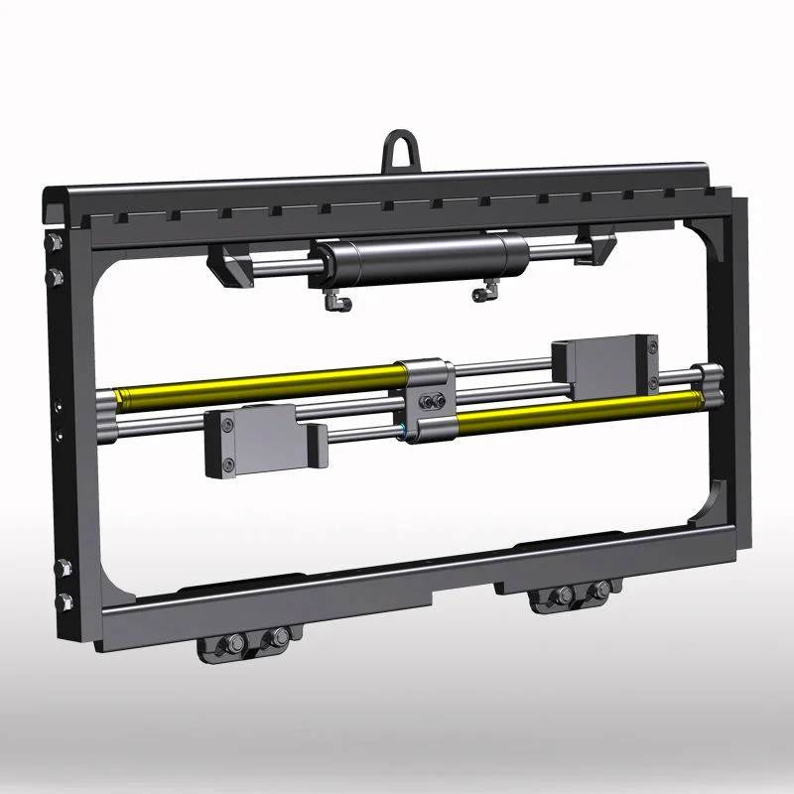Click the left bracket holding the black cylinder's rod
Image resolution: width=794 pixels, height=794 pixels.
229,266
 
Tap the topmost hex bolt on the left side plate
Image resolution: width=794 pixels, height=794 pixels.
54,243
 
